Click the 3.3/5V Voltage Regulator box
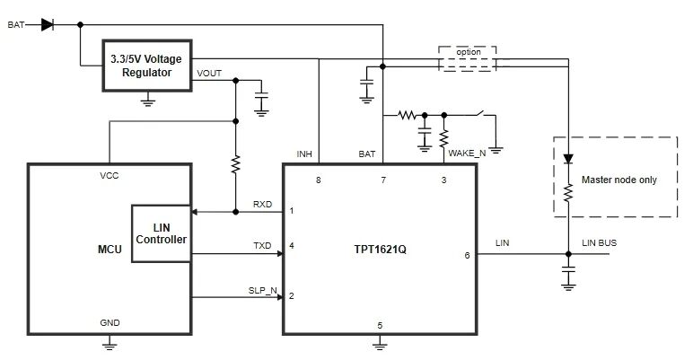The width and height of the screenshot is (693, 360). click(x=145, y=66)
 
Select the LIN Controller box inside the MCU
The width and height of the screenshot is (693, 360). click(x=161, y=233)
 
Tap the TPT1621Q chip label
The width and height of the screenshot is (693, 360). click(x=380, y=245)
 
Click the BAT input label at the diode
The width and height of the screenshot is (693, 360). click(x=16, y=24)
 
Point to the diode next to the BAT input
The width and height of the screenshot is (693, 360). click(x=48, y=24)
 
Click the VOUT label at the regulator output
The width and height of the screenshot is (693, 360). click(x=209, y=73)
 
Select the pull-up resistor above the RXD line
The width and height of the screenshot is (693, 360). click(x=235, y=164)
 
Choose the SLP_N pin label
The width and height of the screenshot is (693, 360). click(x=262, y=289)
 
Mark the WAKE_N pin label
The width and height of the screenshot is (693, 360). click(x=468, y=153)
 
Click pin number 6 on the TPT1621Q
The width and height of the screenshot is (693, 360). click(x=466, y=255)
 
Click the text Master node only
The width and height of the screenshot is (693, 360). click(x=619, y=180)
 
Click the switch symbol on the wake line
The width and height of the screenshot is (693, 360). click(x=482, y=114)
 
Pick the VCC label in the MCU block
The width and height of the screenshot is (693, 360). click(x=110, y=176)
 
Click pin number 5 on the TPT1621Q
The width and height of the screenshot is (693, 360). click(x=380, y=325)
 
